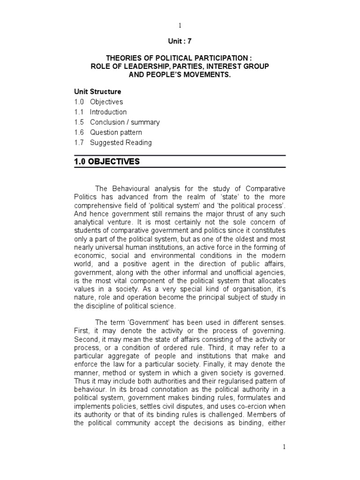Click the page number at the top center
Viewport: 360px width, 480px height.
click(x=180, y=25)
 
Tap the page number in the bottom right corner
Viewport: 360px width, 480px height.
click(x=284, y=447)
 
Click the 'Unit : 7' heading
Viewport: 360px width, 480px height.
click(x=180, y=41)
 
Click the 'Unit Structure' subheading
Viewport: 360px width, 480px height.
click(x=97, y=91)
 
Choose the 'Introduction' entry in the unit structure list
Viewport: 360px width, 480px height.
click(x=108, y=112)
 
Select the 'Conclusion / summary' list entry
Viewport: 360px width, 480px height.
click(x=125, y=122)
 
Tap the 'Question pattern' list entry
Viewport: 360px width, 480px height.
click(x=116, y=133)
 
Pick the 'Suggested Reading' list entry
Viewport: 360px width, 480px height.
click(x=120, y=143)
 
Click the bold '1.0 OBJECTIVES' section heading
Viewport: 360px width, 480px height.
click(x=106, y=162)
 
